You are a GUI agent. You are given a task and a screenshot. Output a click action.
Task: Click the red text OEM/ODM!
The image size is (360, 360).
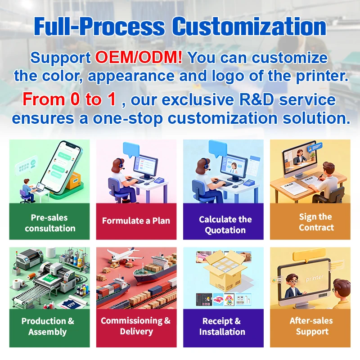coord(139,57)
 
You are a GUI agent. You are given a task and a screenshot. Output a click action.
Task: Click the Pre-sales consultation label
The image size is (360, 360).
coord(50,223)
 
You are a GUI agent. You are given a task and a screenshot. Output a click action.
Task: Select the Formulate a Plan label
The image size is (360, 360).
coord(136,220)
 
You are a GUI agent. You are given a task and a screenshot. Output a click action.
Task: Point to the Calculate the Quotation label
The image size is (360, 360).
coord(225,225)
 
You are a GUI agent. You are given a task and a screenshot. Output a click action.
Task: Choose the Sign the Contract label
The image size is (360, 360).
coord(316,222)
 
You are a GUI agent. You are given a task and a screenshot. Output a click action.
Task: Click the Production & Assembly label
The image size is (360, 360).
coord(48,326)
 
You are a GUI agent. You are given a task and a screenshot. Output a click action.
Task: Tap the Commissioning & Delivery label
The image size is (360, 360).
coord(136,326)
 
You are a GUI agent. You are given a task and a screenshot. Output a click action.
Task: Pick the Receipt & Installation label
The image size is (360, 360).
coord(222,326)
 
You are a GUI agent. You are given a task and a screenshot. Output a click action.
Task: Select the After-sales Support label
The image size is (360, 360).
coord(311,326)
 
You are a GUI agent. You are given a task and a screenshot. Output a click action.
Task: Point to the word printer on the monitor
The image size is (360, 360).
coord(314,278)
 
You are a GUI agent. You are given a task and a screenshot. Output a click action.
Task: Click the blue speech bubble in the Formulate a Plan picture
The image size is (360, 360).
coord(131,150)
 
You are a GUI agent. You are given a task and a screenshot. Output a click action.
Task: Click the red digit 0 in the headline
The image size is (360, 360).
coord(75,99)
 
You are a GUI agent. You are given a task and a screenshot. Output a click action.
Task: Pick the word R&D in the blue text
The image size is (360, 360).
coord(256,99)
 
